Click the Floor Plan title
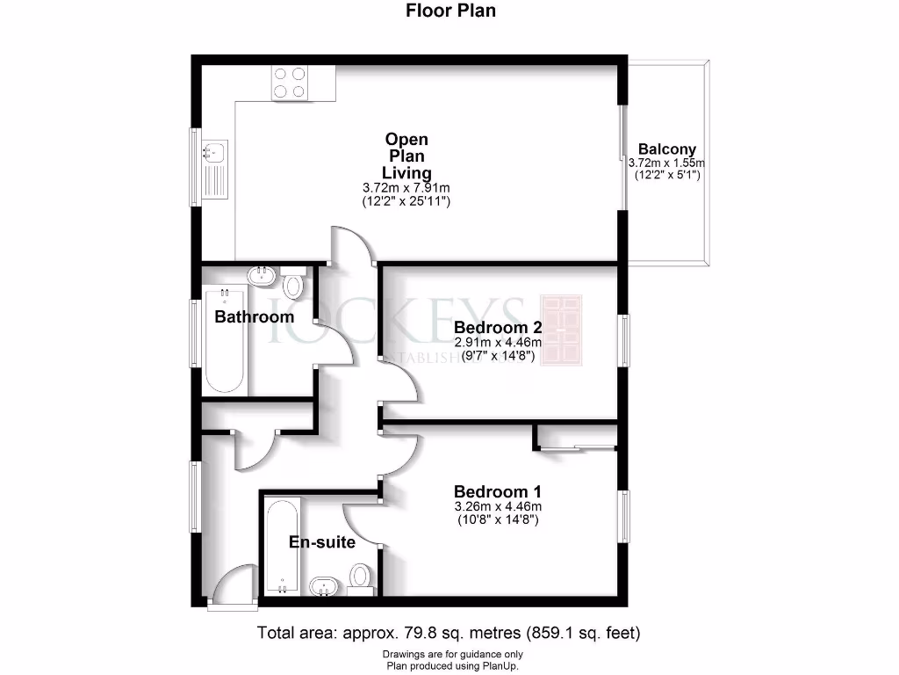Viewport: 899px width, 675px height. click(x=449, y=11)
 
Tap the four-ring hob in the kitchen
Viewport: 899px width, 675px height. click(x=289, y=82)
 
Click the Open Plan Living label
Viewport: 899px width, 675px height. click(x=406, y=156)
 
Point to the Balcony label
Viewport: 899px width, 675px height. click(x=666, y=149)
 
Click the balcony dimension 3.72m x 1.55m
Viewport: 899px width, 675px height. click(x=666, y=163)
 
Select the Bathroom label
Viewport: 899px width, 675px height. click(x=255, y=316)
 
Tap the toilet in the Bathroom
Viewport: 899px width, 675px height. click(x=294, y=282)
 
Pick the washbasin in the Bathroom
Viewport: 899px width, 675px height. click(x=261, y=276)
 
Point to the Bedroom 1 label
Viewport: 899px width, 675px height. click(x=497, y=491)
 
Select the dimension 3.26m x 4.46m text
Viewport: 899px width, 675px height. click(x=497, y=506)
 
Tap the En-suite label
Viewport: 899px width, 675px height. click(x=322, y=542)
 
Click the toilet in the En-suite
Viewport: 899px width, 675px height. click(x=359, y=577)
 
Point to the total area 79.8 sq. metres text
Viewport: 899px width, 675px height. click(x=449, y=632)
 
